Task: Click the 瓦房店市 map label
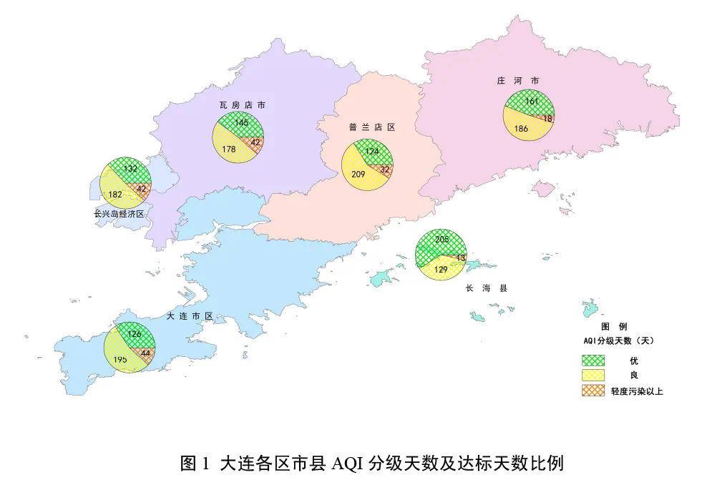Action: click(242, 105)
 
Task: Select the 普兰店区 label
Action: click(372, 127)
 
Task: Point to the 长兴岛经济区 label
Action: click(119, 214)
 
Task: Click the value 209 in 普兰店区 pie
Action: click(358, 174)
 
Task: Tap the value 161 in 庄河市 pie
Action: click(532, 102)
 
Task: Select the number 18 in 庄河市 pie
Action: click(547, 119)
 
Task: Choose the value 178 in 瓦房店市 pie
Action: click(229, 149)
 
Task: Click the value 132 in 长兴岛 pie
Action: click(130, 168)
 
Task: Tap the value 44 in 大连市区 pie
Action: click(145, 353)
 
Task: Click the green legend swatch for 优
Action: click(593, 360)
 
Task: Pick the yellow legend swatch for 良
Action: click(593, 375)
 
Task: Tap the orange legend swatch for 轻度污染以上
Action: click(593, 391)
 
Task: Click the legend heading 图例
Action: click(618, 326)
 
